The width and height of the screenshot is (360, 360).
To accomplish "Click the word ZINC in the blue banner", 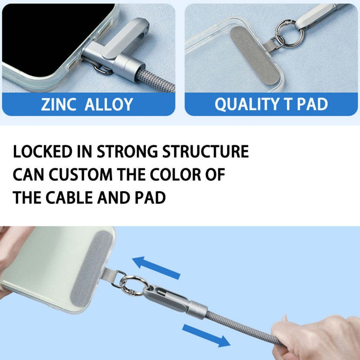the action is point(58,104).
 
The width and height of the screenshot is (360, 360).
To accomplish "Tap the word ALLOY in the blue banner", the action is point(109,104).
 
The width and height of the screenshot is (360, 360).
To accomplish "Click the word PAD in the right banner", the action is point(312,104).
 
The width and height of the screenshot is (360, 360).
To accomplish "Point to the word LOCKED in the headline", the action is point(43,152).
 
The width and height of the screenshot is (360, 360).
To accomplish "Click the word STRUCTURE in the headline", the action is point(206,152).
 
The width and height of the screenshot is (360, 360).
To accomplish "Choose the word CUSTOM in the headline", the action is point(81,175).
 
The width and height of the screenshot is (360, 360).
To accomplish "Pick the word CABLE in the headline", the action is point(69,198).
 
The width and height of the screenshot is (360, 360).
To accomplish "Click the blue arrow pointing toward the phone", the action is point(156,267).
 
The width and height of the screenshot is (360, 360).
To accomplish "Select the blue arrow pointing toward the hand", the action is point(206,336).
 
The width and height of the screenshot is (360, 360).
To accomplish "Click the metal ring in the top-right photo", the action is point(289,33).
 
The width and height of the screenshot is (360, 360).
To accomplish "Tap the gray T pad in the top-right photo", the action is point(255,54).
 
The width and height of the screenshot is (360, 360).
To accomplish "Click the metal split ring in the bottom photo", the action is point(133,285).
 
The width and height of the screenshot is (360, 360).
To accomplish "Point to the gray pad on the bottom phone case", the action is point(91,269).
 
